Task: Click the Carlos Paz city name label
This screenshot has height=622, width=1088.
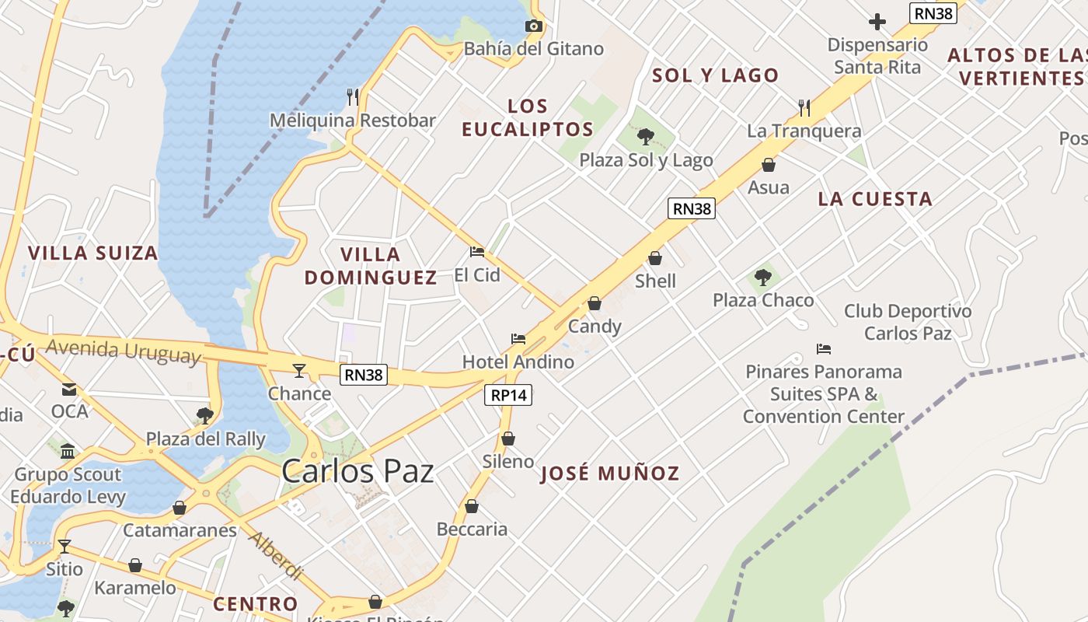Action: (x=357, y=471)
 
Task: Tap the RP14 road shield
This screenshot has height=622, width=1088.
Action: (x=509, y=395)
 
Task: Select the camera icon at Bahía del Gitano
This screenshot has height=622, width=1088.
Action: (x=533, y=26)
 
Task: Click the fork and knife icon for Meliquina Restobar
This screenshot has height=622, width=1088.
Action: (x=353, y=96)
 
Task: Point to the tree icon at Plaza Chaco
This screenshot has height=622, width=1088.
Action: (x=763, y=277)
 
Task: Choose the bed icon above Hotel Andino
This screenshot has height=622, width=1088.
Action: (x=518, y=339)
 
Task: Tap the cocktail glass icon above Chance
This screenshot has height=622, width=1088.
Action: (x=299, y=370)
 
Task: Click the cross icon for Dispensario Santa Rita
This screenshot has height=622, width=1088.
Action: (x=877, y=22)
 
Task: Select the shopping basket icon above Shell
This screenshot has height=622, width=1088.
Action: (x=655, y=258)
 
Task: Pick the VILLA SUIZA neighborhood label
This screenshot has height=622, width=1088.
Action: (x=93, y=253)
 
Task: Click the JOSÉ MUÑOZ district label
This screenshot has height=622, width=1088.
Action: (x=610, y=473)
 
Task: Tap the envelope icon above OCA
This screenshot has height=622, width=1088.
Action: (x=69, y=389)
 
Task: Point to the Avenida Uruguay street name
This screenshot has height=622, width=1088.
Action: (x=123, y=351)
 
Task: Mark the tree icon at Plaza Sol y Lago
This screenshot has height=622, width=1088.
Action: (x=645, y=138)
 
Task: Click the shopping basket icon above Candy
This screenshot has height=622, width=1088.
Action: (x=595, y=303)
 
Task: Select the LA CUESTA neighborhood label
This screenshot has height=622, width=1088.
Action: (x=875, y=199)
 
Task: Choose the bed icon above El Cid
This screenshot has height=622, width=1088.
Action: (x=477, y=252)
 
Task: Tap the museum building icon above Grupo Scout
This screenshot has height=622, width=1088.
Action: (x=68, y=452)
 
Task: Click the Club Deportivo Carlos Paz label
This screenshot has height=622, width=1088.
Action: (x=908, y=322)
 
